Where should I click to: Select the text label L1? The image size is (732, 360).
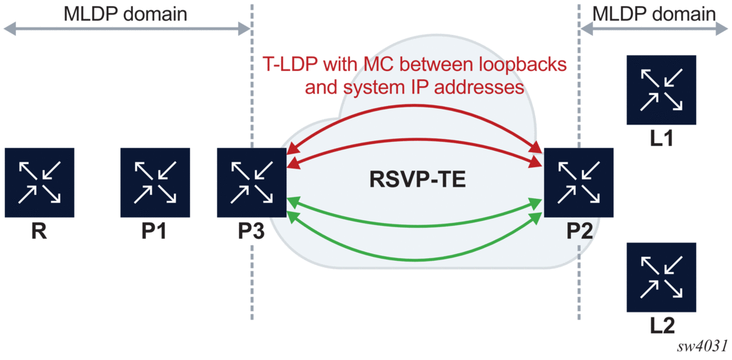(662, 141)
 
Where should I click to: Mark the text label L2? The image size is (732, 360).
(662, 326)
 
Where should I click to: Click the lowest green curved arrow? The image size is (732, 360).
(413, 259)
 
